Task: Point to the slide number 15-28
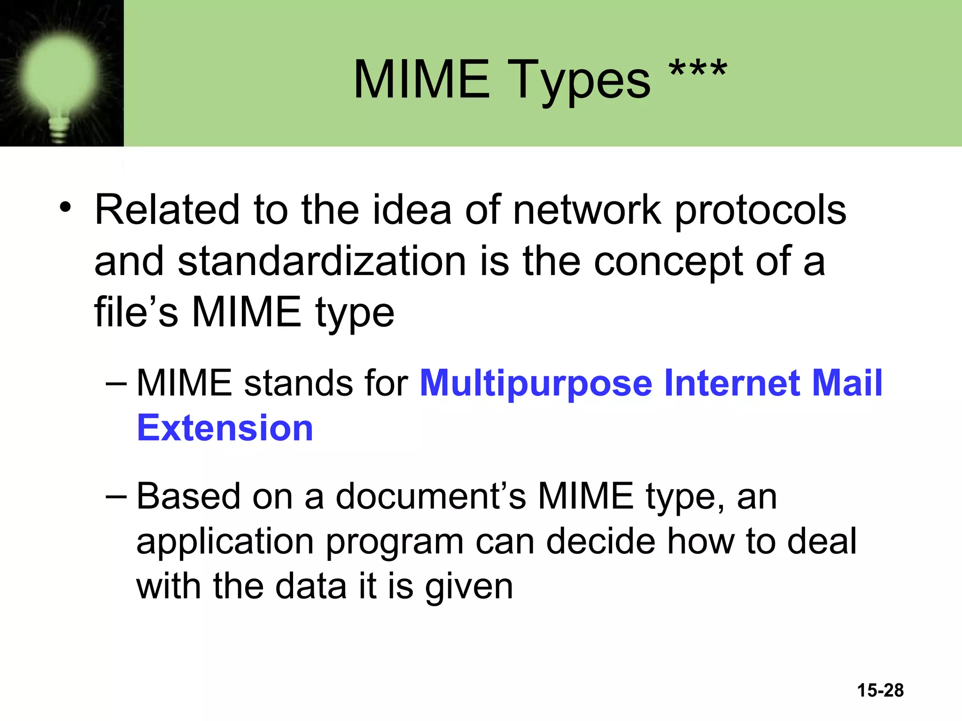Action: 880,690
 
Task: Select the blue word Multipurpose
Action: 535,384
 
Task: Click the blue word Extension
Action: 225,428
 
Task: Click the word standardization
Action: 322,261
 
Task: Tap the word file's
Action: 136,312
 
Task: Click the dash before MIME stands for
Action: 116,383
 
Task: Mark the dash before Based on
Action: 116,496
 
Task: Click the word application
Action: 225,543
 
